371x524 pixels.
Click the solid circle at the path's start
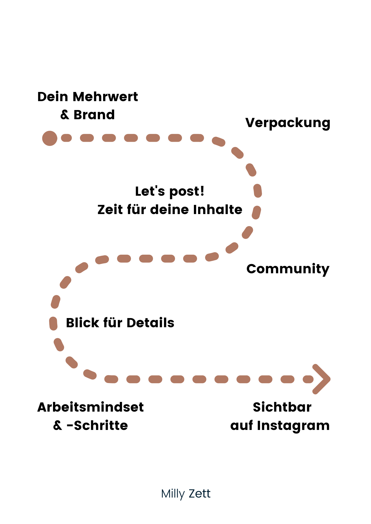pyautogui.click(x=50, y=138)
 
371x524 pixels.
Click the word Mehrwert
pyautogui.click(x=105, y=97)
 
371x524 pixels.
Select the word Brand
pyautogui.click(x=94, y=115)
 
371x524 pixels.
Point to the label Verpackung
pyautogui.click(x=288, y=123)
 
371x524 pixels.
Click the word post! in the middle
pyautogui.click(x=187, y=192)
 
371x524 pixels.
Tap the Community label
pyautogui.click(x=288, y=269)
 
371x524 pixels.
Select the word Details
pyautogui.click(x=150, y=323)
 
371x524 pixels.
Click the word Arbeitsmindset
pyautogui.click(x=91, y=407)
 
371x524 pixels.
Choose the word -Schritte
pyautogui.click(x=97, y=425)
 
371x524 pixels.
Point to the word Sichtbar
pyautogui.click(x=282, y=407)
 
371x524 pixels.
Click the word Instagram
pyautogui.click(x=293, y=426)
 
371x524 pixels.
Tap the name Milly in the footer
pyautogui.click(x=173, y=494)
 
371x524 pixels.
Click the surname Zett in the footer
pyautogui.click(x=200, y=494)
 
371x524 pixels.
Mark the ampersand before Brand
pyautogui.click(x=65, y=115)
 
